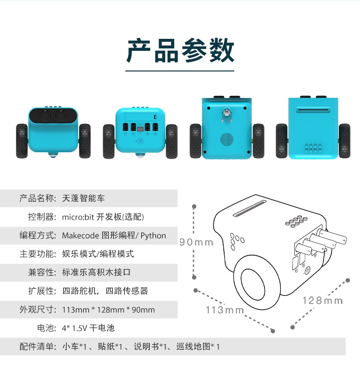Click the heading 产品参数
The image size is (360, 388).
[x=180, y=51]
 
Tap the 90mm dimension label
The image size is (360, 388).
[x=196, y=242]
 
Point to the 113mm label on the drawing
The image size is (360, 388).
[x=225, y=310]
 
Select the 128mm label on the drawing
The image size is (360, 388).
[x=323, y=301]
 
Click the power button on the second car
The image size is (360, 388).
[x=140, y=141]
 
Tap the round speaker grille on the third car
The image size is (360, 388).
[x=227, y=139]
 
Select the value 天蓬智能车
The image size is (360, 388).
[x=84, y=198]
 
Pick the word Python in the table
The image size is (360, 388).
[x=153, y=235]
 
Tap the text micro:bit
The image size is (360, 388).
[x=78, y=217]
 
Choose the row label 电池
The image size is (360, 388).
[x=47, y=328]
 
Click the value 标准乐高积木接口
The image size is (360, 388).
[x=96, y=272]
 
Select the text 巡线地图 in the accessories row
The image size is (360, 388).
[x=193, y=346]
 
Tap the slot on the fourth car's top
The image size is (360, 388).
[x=313, y=110]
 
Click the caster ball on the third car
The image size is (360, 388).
[x=227, y=113]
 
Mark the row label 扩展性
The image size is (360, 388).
[x=42, y=291]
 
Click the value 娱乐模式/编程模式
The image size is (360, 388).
[x=98, y=254]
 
